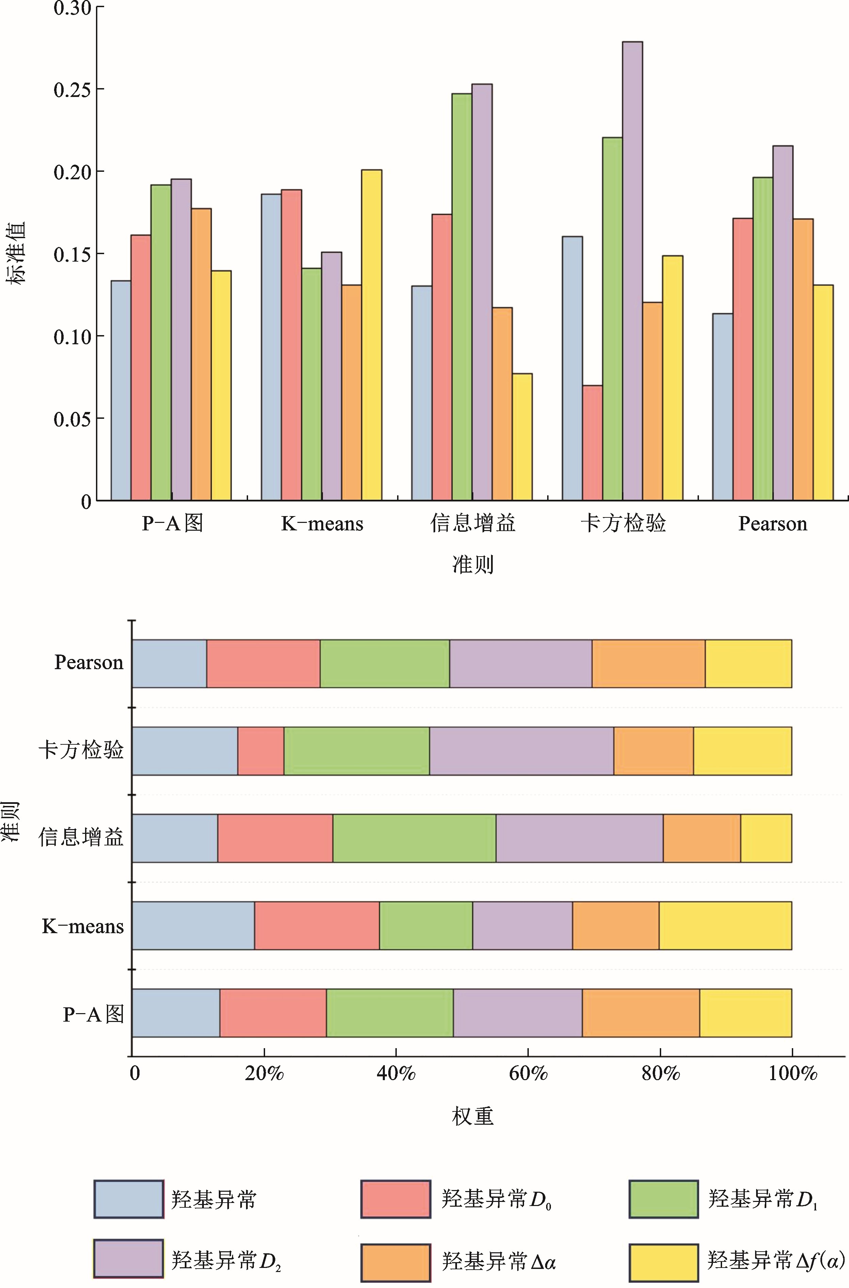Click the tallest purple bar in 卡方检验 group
[633, 270]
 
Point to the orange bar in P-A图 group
[201, 354]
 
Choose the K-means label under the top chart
[322, 524]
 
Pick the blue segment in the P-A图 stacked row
[176, 1013]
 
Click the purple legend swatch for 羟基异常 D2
[128, 1258]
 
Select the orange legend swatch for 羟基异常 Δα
[396, 1258]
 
